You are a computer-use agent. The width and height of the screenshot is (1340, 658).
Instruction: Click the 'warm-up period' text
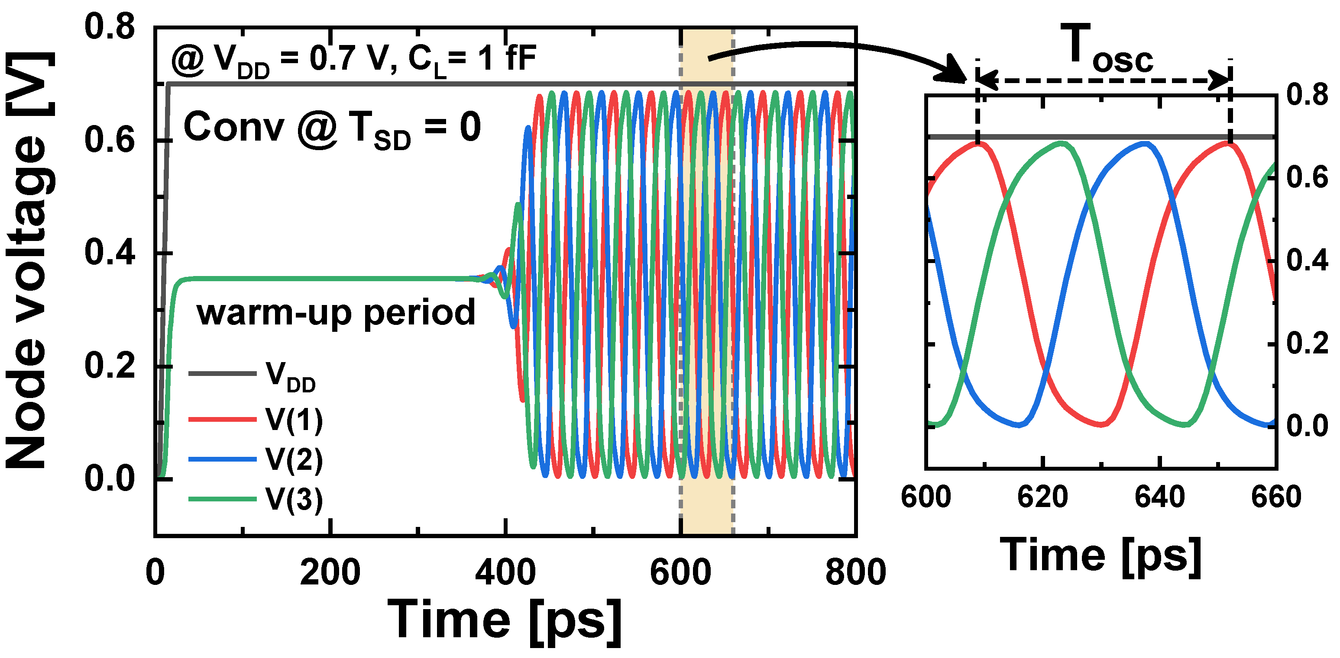pos(336,313)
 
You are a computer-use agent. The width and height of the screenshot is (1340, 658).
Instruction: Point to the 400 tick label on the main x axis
pos(505,572)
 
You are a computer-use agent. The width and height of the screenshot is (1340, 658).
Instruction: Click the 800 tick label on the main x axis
pos(856,572)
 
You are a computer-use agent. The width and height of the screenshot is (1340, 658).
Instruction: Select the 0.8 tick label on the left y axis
pos(109,27)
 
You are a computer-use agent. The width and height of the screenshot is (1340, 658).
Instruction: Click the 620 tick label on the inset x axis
pos(1042,498)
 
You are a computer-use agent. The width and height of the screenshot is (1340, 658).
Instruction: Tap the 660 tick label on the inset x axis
pos(1276,498)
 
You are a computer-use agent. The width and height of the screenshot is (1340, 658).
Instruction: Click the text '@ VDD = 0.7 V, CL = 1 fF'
pos(354,60)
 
